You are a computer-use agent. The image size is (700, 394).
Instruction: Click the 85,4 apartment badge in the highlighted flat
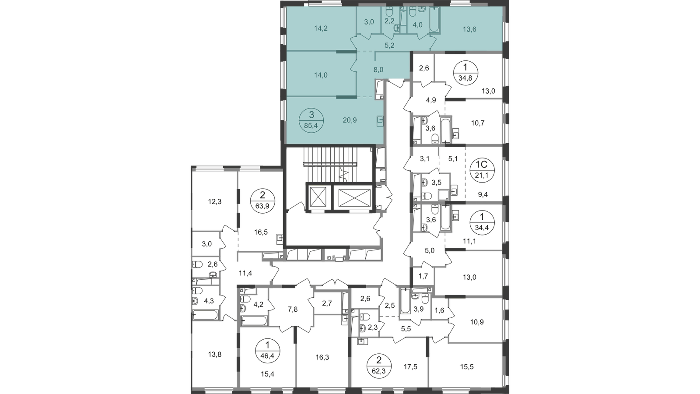(x=311, y=120)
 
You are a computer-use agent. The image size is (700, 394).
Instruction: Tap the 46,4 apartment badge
(x=267, y=351)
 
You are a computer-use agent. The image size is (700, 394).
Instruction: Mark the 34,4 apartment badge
(x=482, y=222)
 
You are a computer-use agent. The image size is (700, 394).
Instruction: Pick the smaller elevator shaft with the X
(x=318, y=197)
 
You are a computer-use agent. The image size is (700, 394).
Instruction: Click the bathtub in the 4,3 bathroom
(x=205, y=315)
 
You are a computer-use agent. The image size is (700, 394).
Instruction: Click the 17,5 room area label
(x=410, y=367)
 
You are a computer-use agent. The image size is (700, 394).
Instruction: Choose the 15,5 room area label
(x=467, y=367)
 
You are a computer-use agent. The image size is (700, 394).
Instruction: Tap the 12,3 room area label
(x=215, y=202)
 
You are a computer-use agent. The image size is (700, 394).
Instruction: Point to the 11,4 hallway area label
(x=245, y=273)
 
